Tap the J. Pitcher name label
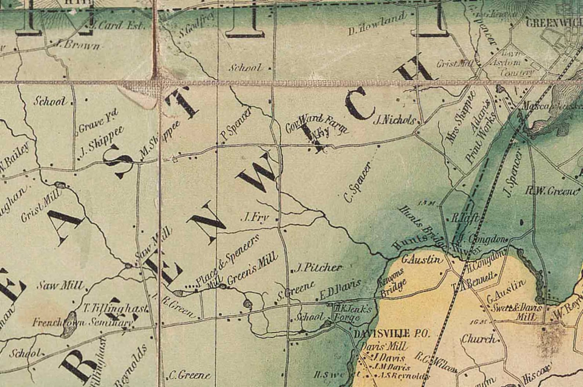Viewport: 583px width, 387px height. (x=319, y=268)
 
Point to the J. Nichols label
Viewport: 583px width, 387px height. (x=394, y=120)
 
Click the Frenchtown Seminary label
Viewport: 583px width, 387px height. (x=83, y=323)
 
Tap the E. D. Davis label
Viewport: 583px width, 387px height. (x=340, y=290)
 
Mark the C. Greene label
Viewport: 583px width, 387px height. (x=189, y=375)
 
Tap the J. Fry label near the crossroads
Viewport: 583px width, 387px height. (x=254, y=218)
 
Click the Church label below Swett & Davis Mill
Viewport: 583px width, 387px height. (x=479, y=338)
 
